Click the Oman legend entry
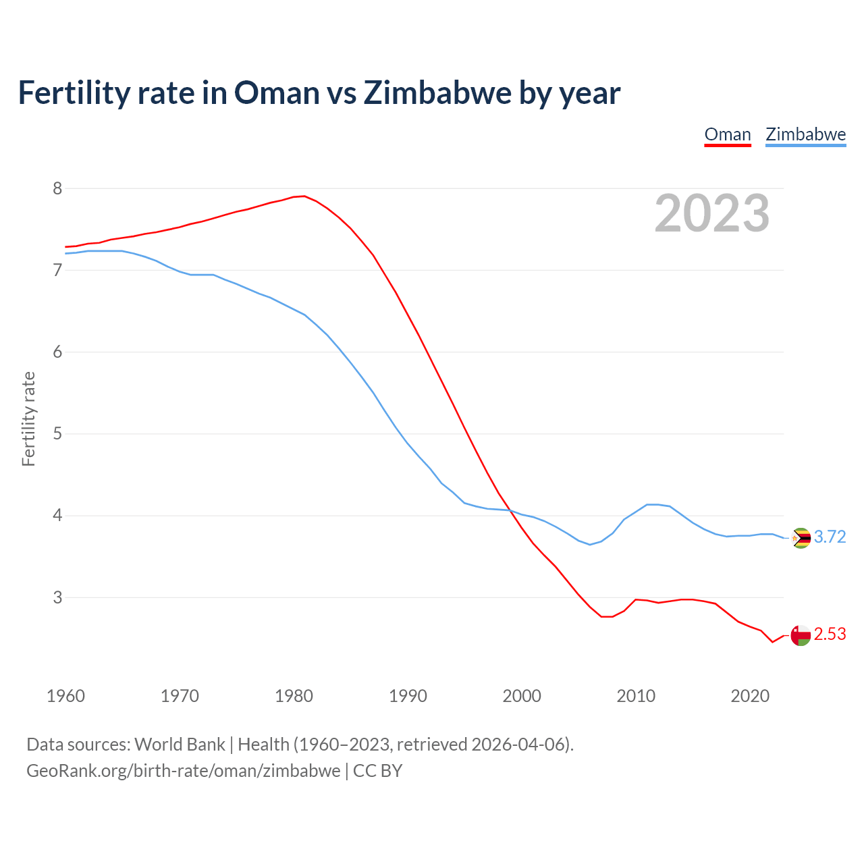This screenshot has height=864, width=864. (x=728, y=134)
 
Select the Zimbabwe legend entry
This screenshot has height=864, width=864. (x=805, y=134)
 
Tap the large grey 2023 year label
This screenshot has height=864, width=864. (x=712, y=213)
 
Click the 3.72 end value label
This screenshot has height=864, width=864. (x=830, y=537)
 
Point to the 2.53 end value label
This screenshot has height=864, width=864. (x=830, y=634)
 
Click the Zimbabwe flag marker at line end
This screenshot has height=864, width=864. (x=801, y=538)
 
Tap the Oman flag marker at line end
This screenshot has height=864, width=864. (x=801, y=635)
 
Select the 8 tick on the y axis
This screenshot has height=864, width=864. (x=57, y=188)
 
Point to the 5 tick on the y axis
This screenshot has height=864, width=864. (x=57, y=433)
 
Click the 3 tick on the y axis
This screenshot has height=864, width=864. (x=57, y=597)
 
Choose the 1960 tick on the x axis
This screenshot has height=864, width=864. (x=65, y=696)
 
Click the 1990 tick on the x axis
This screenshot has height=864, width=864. (x=408, y=696)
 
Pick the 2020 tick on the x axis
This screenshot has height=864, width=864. (x=750, y=696)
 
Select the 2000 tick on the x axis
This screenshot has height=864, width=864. (x=522, y=696)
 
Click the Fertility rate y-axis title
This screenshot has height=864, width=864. (x=28, y=418)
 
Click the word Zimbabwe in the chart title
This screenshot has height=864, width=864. (x=437, y=92)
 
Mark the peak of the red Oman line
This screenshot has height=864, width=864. (x=304, y=196)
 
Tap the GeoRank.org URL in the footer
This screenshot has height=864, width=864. (x=183, y=771)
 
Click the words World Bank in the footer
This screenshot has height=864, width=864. (x=180, y=745)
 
